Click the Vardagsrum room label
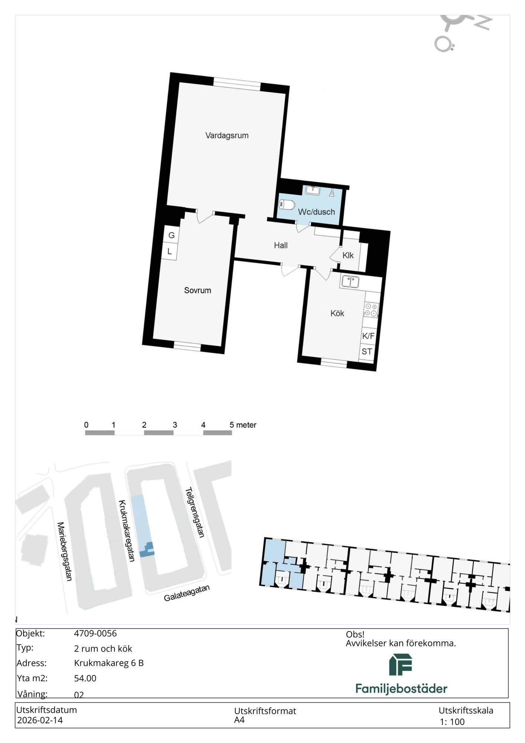(227, 136)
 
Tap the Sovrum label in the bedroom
(198, 291)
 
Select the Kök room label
(337, 314)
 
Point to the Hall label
(281, 245)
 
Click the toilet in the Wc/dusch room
(287, 204)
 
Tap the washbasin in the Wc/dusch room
(313, 191)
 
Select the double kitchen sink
(350, 282)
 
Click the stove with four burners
(371, 310)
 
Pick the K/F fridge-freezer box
(369, 336)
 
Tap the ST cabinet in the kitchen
(367, 351)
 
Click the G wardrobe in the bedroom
(171, 235)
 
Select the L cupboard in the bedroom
(169, 252)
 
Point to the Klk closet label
(348, 256)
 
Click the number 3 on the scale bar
(175, 425)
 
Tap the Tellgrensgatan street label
(195, 513)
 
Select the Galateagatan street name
(187, 593)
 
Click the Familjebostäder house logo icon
(401, 665)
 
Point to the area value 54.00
(85, 678)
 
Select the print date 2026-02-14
(40, 720)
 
